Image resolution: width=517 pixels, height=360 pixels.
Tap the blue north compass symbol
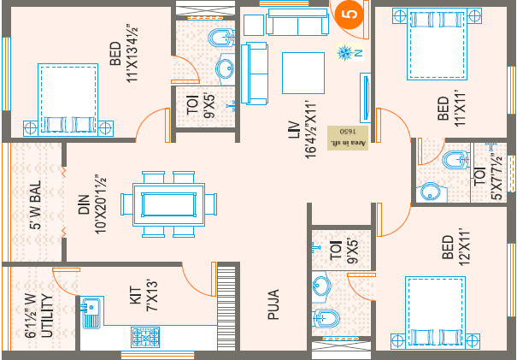pos(346,53)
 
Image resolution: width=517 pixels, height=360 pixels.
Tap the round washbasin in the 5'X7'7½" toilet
pos(431,192)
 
